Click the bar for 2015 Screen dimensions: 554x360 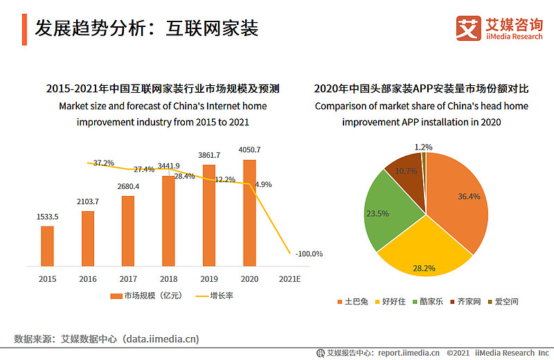pos(47,246)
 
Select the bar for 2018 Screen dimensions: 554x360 pos(168,221)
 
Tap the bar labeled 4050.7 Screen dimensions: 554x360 pos(249,213)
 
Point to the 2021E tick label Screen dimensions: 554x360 pos(289,279)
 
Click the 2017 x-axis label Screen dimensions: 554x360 pos(128,279)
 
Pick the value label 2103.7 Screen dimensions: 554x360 pos(88,201)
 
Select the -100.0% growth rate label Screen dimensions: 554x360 pos(309,253)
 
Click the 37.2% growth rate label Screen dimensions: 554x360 pos(103,163)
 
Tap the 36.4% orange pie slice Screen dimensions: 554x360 pos(459,198)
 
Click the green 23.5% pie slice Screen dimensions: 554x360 pos(388,212)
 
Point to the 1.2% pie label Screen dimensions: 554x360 pos(423,147)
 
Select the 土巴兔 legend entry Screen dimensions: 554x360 pos(353,302)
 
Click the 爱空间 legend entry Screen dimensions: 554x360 pos(503,302)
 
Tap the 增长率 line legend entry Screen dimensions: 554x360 pos(215,296)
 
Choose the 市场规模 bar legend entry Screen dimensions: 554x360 pos(146,296)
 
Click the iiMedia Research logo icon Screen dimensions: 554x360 pos(469,28)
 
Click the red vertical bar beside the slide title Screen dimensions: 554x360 pos(24,30)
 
